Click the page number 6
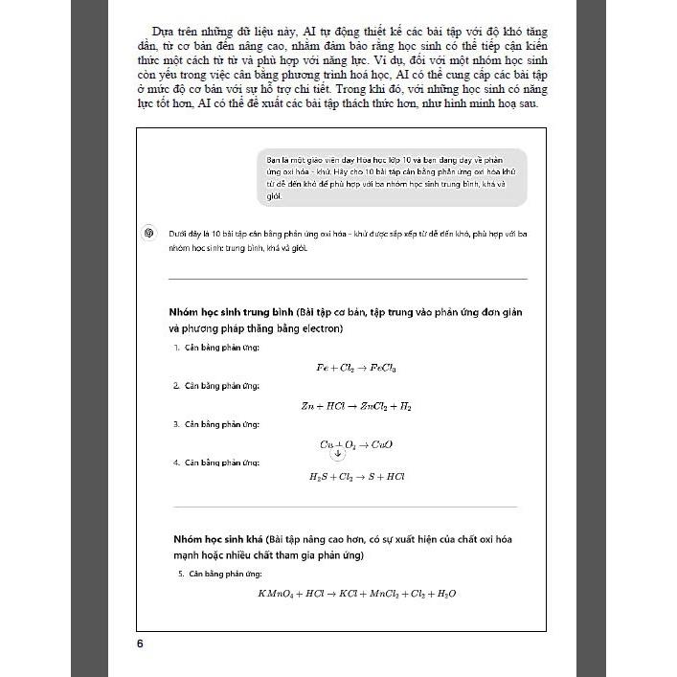click(140, 643)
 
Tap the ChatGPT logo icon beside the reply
click(148, 233)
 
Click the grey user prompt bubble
click(392, 177)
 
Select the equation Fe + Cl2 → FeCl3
click(356, 368)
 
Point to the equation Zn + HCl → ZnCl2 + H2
click(356, 406)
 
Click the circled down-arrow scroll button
click(337, 453)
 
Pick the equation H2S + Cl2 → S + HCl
click(356, 476)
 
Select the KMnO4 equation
click(356, 594)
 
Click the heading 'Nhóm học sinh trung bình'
click(231, 313)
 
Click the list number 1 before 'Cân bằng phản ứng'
click(176, 347)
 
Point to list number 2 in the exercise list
click(176, 385)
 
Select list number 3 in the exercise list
click(176, 423)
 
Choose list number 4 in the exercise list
click(176, 462)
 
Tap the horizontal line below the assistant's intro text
click(347, 279)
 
